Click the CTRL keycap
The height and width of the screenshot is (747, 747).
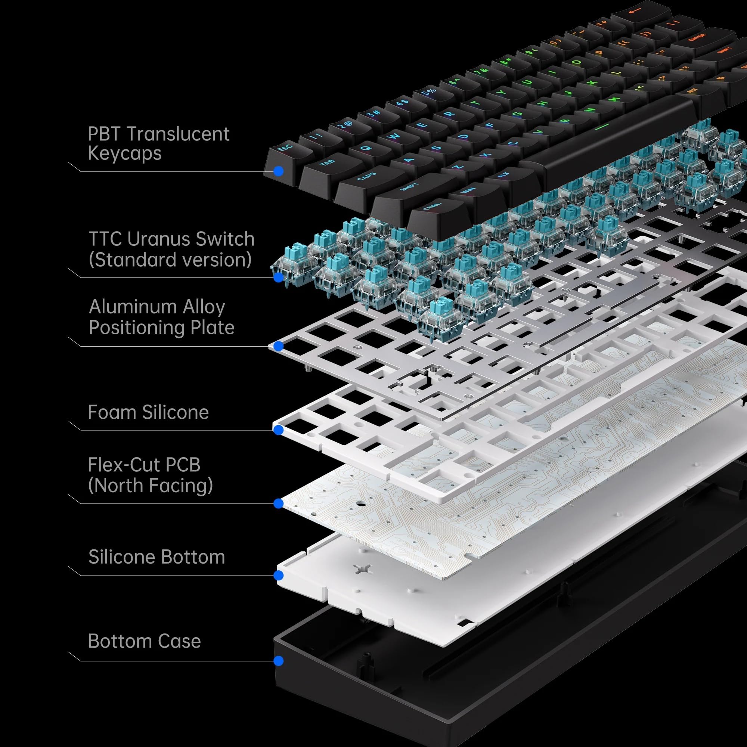pyautogui.click(x=431, y=207)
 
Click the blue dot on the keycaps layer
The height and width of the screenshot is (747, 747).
pyautogui.click(x=278, y=171)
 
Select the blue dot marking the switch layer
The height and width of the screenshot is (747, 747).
pyautogui.click(x=278, y=277)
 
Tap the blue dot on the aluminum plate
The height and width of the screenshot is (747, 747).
pyautogui.click(x=278, y=346)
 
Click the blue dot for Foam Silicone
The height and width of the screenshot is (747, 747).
pyautogui.click(x=278, y=430)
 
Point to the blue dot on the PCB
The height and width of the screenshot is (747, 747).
pyautogui.click(x=278, y=503)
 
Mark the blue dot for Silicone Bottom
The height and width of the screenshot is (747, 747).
pyautogui.click(x=278, y=575)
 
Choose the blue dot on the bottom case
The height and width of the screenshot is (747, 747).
pyautogui.click(x=278, y=661)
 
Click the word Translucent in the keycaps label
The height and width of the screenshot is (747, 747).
pyautogui.click(x=178, y=134)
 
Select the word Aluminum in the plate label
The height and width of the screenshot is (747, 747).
pyautogui.click(x=133, y=307)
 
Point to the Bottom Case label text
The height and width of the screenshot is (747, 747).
pyautogui.click(x=144, y=641)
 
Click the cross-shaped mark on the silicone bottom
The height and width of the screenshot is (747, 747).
pyautogui.click(x=363, y=569)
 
